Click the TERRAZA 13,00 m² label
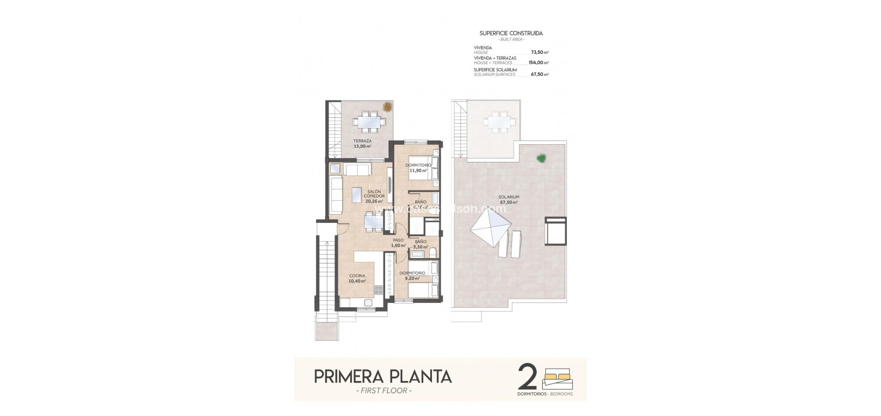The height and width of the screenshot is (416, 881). [x=362, y=143]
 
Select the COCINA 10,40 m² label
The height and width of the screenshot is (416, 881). [x=357, y=278]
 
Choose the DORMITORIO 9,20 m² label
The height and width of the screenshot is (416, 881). [x=413, y=276]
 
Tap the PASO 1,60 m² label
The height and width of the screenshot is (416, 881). [x=398, y=243]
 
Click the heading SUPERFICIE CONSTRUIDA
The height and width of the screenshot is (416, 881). [x=511, y=33]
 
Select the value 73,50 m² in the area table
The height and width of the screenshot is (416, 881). [x=539, y=52]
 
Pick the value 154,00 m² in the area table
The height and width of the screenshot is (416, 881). [x=538, y=63]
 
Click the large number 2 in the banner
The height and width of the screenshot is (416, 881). [x=528, y=377]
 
